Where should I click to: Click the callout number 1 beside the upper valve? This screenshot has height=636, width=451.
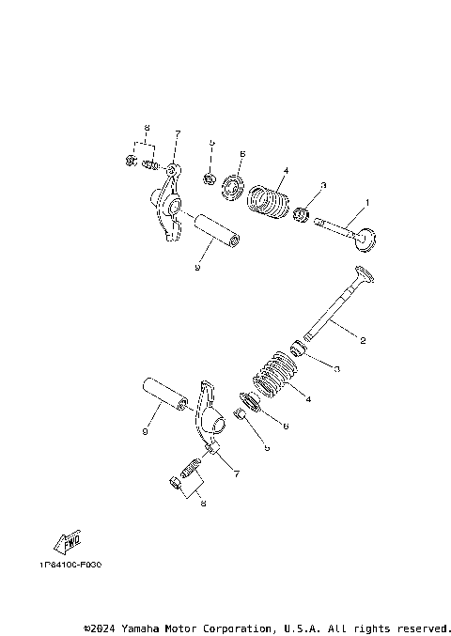367,202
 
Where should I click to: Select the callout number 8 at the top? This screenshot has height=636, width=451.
147,128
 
